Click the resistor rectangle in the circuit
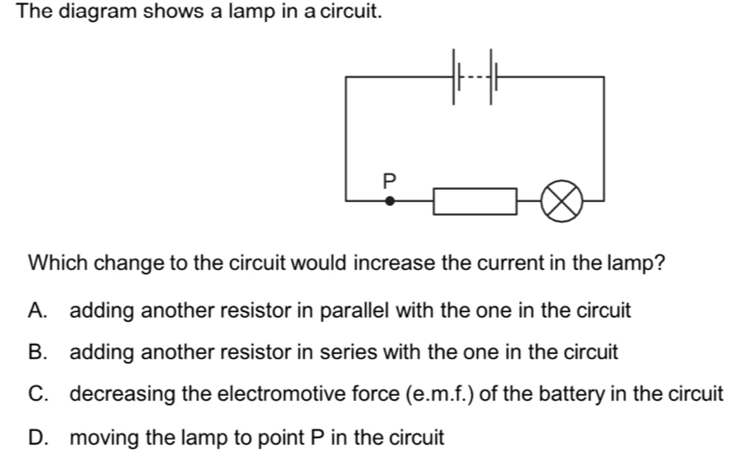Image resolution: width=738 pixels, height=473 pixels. click(x=475, y=201)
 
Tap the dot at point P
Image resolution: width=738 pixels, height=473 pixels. click(x=390, y=200)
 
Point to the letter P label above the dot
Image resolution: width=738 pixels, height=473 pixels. click(x=390, y=178)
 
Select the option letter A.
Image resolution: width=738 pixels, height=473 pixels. click(x=37, y=311)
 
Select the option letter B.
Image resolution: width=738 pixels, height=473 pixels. click(x=37, y=353)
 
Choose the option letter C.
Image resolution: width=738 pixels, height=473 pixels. click(x=38, y=394)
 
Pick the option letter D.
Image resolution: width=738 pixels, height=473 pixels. click(x=38, y=437)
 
